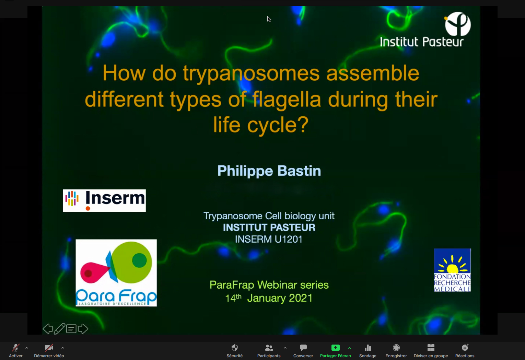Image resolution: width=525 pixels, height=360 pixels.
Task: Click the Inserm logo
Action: pyautogui.click(x=104, y=201)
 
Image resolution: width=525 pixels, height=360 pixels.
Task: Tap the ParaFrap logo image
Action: pyautogui.click(x=116, y=273)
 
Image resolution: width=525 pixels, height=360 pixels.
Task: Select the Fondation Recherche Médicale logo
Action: pyautogui.click(x=452, y=270)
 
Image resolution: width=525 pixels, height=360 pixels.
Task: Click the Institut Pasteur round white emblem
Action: pyautogui.click(x=458, y=24)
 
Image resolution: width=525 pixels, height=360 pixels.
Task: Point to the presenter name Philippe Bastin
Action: pyautogui.click(x=269, y=171)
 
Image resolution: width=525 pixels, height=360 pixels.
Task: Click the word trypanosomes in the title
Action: pyautogui.click(x=251, y=73)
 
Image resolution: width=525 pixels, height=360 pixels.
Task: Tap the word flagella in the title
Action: pyautogui.click(x=287, y=100)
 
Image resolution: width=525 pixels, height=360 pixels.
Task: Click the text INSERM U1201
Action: pyautogui.click(x=269, y=239)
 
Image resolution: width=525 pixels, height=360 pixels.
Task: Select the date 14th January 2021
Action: pyautogui.click(x=269, y=298)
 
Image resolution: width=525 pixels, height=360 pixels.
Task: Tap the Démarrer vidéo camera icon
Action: pyautogui.click(x=49, y=348)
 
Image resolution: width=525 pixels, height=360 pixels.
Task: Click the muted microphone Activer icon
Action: pyautogui.click(x=16, y=348)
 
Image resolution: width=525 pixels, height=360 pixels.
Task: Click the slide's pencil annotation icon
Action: pyautogui.click(x=59, y=328)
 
